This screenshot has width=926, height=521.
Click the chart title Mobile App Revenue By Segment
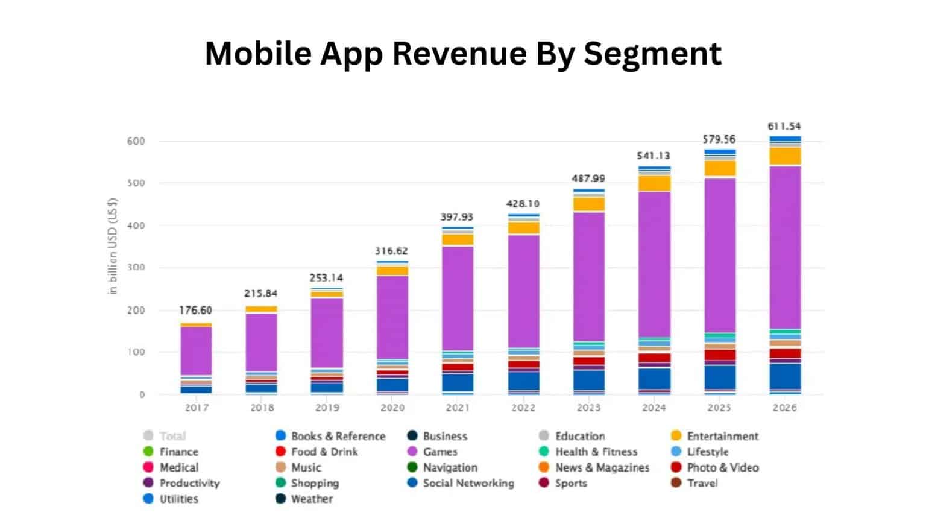(x=463, y=53)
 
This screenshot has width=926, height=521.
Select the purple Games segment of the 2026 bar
(x=784, y=247)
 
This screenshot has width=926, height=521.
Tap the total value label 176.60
(x=195, y=310)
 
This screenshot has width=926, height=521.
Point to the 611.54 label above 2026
(x=784, y=127)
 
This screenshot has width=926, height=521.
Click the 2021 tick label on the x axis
(x=458, y=408)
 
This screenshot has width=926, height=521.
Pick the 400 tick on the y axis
(x=136, y=226)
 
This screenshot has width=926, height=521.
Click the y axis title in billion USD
(x=113, y=246)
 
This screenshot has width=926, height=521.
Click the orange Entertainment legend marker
(x=676, y=436)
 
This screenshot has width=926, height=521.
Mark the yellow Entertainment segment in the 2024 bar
(x=654, y=183)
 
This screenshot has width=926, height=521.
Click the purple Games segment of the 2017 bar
(x=196, y=351)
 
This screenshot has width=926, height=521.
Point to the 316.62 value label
(x=391, y=251)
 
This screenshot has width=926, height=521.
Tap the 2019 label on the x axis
(x=327, y=408)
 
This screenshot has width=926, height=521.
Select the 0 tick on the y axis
(x=142, y=395)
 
